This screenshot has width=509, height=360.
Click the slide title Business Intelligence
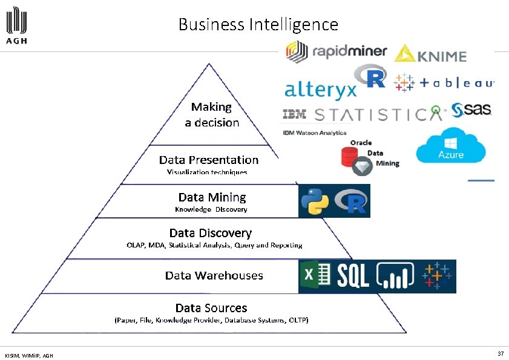tap(258, 25)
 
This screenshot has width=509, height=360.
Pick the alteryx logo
tap(320, 89)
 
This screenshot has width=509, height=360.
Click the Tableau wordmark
tap(455, 83)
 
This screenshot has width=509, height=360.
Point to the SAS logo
tap(471, 110)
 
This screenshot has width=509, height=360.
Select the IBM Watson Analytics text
tap(315, 133)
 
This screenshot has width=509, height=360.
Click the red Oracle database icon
tap(350, 158)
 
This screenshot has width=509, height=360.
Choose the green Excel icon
tap(316, 277)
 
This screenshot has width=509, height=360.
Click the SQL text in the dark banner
tap(353, 277)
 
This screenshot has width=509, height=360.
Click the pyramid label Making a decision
tap(212, 114)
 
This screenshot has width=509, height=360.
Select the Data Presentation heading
tap(209, 160)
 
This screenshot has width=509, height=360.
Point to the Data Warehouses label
tap(214, 275)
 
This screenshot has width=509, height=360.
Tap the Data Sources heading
tap(211, 308)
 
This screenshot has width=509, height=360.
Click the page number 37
tap(501, 353)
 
